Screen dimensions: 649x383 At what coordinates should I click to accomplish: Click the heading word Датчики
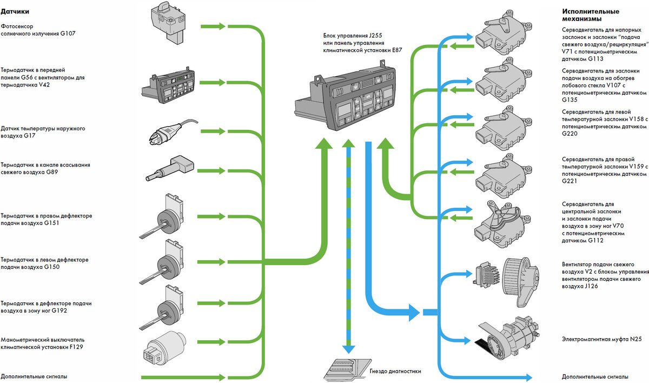click(15, 11)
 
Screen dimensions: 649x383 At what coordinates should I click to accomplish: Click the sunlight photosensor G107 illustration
click(169, 23)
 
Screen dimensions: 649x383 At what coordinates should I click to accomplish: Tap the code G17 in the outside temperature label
click(29, 136)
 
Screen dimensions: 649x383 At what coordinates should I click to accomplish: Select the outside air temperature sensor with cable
click(173, 132)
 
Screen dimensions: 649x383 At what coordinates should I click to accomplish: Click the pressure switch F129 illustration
click(164, 348)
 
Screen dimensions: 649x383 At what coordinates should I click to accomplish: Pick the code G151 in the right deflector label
click(51, 223)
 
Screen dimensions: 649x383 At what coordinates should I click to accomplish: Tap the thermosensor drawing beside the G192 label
click(162, 308)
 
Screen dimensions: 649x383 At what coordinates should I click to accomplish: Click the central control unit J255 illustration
click(346, 96)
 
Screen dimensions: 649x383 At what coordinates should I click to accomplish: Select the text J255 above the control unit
click(375, 36)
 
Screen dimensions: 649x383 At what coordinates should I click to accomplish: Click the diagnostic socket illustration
click(347, 370)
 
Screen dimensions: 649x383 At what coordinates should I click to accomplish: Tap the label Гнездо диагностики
click(395, 371)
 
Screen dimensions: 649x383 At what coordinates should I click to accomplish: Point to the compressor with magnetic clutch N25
click(508, 339)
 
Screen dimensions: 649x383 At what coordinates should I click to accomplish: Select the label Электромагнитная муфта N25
click(602, 339)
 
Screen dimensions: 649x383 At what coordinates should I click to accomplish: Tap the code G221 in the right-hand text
click(569, 181)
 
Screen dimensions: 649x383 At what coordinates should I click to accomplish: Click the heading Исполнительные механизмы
click(591, 15)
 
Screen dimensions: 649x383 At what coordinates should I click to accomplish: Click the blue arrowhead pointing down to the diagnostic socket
click(348, 349)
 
